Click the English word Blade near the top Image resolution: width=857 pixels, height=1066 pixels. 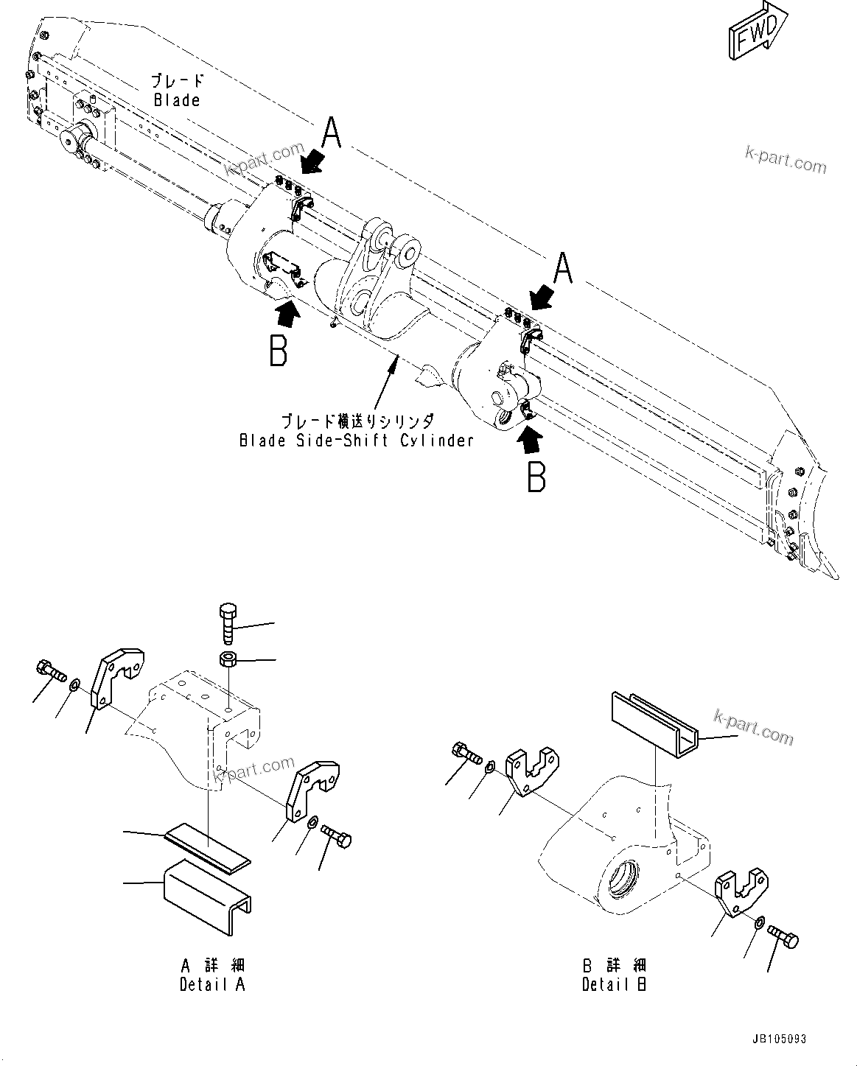[x=177, y=100]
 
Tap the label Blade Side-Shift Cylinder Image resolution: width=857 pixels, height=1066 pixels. [x=356, y=441]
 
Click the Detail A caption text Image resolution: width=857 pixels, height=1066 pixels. [x=212, y=985]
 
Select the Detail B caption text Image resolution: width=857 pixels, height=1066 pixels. [x=614, y=985]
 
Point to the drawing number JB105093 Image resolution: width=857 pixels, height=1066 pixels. [x=779, y=1039]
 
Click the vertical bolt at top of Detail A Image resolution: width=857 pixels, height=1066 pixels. [x=228, y=623]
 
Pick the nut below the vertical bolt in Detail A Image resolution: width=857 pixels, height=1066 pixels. [x=228, y=658]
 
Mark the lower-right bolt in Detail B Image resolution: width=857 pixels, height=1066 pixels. [x=783, y=937]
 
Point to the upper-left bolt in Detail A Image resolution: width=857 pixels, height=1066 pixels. [x=50, y=670]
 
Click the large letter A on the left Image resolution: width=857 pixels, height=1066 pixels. [x=332, y=135]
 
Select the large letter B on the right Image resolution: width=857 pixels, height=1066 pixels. [x=536, y=476]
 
